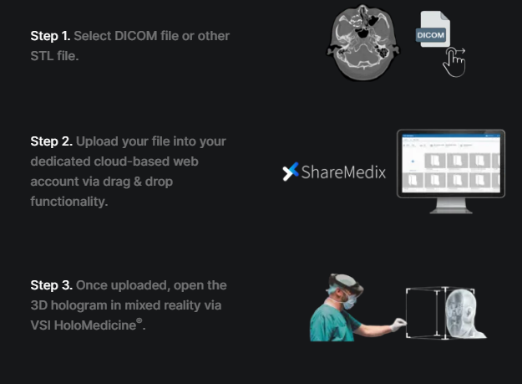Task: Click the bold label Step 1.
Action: (x=50, y=36)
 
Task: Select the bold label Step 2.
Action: (x=51, y=141)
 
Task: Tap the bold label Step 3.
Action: (x=51, y=285)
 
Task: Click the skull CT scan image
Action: (x=362, y=43)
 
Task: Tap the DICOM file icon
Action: (x=433, y=29)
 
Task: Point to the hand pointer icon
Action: (x=454, y=63)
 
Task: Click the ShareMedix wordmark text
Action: (x=343, y=172)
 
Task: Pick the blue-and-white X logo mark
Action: (x=291, y=172)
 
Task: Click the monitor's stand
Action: (x=451, y=206)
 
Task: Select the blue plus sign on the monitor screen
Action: (x=413, y=161)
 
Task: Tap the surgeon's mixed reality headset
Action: (x=347, y=284)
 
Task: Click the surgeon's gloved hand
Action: (x=398, y=325)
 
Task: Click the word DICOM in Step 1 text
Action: (x=136, y=36)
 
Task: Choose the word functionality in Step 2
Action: (x=69, y=202)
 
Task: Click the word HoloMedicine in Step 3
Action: (x=95, y=325)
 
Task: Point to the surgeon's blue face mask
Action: (x=350, y=301)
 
